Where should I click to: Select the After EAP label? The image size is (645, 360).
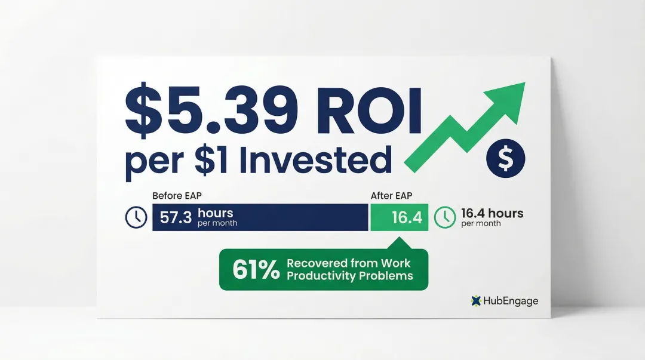(391, 195)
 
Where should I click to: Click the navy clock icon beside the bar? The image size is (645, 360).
(136, 217)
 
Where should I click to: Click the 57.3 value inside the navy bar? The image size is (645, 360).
(176, 217)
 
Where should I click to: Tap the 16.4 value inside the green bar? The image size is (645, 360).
(407, 218)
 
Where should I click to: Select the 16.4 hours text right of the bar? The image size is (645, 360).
(492, 213)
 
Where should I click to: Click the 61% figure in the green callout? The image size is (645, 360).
(256, 270)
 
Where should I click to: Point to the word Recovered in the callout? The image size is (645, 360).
(317, 263)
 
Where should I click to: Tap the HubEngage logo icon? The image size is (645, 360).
(476, 301)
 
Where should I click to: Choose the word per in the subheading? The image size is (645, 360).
(147, 162)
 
